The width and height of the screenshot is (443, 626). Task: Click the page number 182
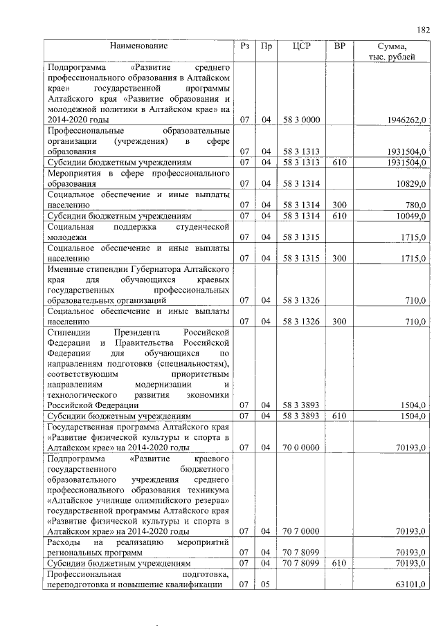(423, 30)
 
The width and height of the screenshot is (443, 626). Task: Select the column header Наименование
(138, 46)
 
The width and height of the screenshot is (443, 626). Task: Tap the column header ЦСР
(301, 46)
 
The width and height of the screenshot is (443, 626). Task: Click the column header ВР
(339, 46)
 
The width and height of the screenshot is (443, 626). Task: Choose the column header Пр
(266, 46)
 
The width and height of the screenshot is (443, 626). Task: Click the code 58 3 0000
(301, 120)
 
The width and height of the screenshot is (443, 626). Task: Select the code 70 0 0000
(301, 448)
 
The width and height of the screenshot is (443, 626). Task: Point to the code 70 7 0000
(301, 531)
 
